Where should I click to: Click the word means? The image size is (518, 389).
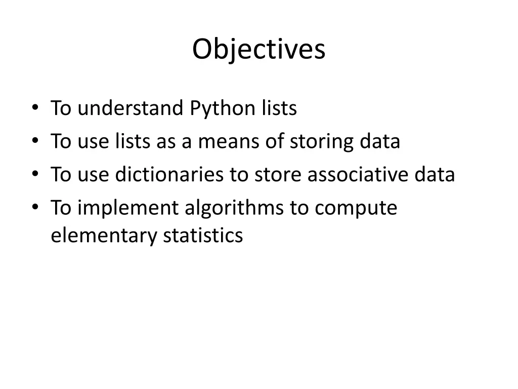tap(228, 142)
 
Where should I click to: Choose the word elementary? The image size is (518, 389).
tap(104, 236)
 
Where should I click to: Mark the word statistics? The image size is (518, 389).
tap(203, 236)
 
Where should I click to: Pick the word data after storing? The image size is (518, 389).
tap(380, 142)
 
